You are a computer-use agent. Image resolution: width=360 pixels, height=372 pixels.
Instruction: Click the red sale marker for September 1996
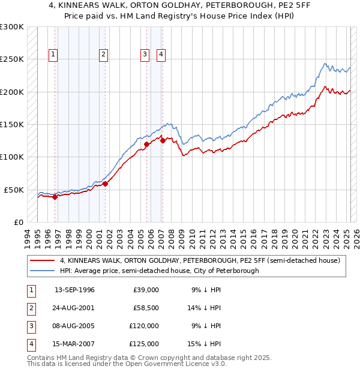pyautogui.click(x=55, y=196)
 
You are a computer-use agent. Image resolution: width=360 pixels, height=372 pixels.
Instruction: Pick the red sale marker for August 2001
pyautogui.click(x=105, y=184)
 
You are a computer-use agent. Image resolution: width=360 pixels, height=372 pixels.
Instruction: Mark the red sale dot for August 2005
pyautogui.click(x=146, y=144)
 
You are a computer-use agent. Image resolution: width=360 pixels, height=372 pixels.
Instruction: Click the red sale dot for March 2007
pyautogui.click(x=163, y=140)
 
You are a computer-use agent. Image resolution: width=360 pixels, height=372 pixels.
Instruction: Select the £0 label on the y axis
pyautogui.click(x=18, y=222)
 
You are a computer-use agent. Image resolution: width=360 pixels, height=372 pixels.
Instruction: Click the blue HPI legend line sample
pyautogui.click(x=42, y=271)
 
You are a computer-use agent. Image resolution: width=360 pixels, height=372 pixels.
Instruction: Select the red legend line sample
pyautogui.click(x=42, y=260)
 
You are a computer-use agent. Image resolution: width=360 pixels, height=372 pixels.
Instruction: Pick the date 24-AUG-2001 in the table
pyautogui.click(x=74, y=308)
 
